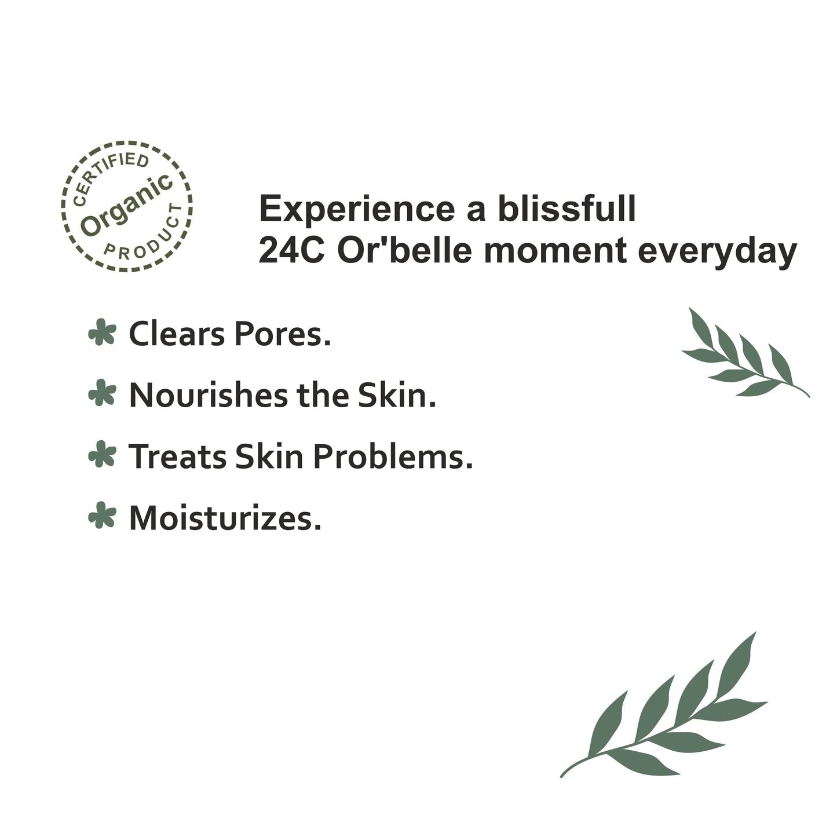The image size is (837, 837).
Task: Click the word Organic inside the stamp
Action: tap(127, 206)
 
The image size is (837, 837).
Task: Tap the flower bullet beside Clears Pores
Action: tap(102, 333)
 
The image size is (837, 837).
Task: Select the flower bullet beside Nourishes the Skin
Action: tap(102, 394)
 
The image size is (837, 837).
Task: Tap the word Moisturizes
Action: tap(225, 518)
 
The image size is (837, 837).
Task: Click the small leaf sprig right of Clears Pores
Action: tap(744, 356)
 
